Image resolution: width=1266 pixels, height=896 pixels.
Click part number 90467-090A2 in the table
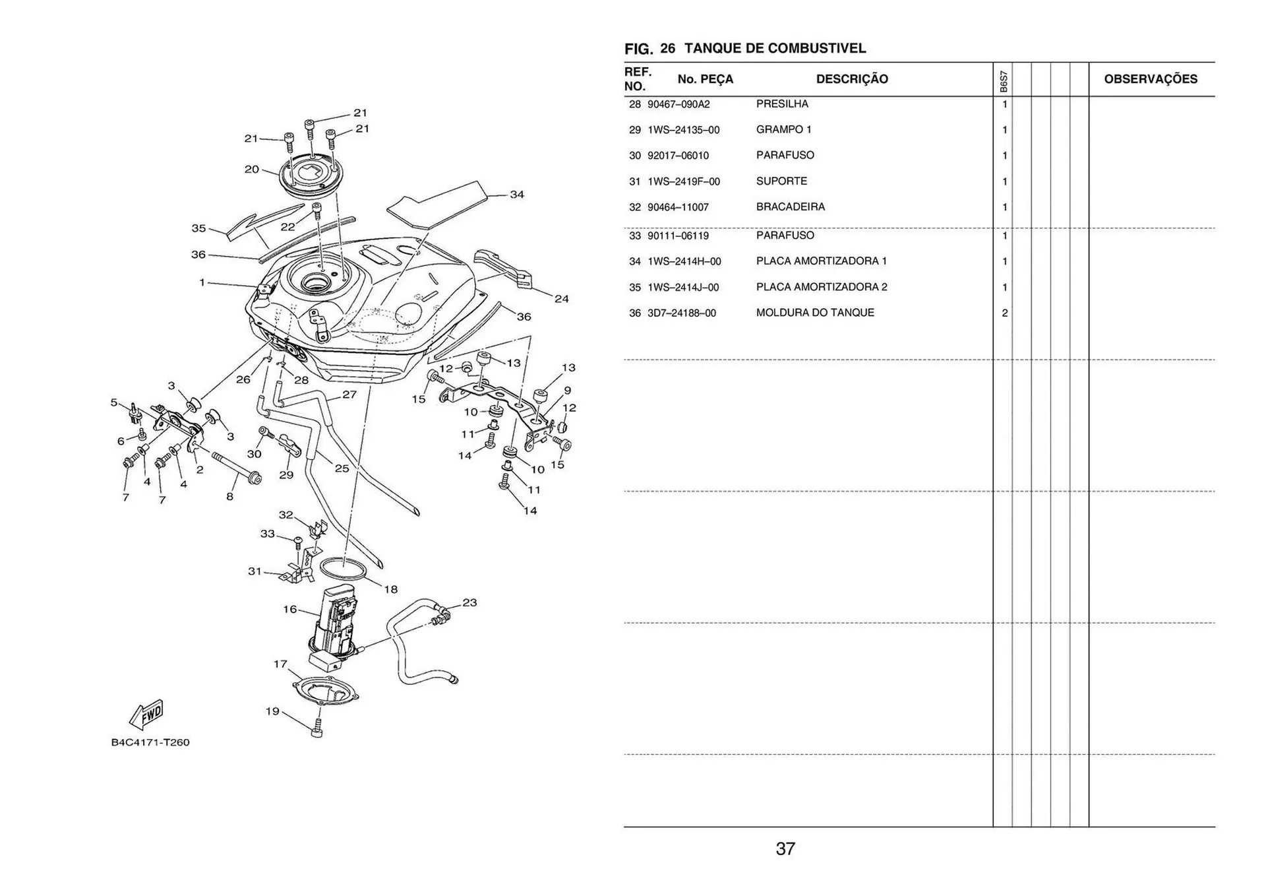(x=678, y=104)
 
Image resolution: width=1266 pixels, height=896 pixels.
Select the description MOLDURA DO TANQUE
(x=815, y=313)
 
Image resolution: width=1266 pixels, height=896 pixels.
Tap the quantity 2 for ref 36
(x=1004, y=313)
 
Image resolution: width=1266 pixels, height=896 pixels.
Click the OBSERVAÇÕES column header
(x=1151, y=79)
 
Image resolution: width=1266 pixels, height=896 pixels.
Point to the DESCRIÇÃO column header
(x=852, y=79)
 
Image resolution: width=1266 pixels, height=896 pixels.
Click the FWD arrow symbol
(x=146, y=715)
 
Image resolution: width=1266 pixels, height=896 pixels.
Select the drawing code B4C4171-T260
(x=150, y=742)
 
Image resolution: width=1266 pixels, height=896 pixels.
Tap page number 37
(x=785, y=848)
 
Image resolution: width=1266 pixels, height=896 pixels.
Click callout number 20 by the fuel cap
(x=251, y=170)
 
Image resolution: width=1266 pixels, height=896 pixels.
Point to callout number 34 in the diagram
(x=517, y=195)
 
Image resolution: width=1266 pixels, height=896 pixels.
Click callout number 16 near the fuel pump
(x=290, y=609)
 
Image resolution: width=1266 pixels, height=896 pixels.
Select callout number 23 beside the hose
(x=469, y=602)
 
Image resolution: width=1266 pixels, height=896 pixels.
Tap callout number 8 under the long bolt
(x=229, y=496)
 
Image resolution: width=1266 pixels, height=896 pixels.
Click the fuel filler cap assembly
(x=310, y=175)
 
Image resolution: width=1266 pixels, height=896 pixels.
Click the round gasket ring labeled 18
(x=344, y=568)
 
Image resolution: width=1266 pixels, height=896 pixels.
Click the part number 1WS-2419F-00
(x=684, y=181)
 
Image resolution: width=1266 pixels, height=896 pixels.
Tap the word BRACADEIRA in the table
(x=791, y=207)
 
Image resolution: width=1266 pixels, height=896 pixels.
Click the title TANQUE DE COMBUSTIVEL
(x=775, y=48)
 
